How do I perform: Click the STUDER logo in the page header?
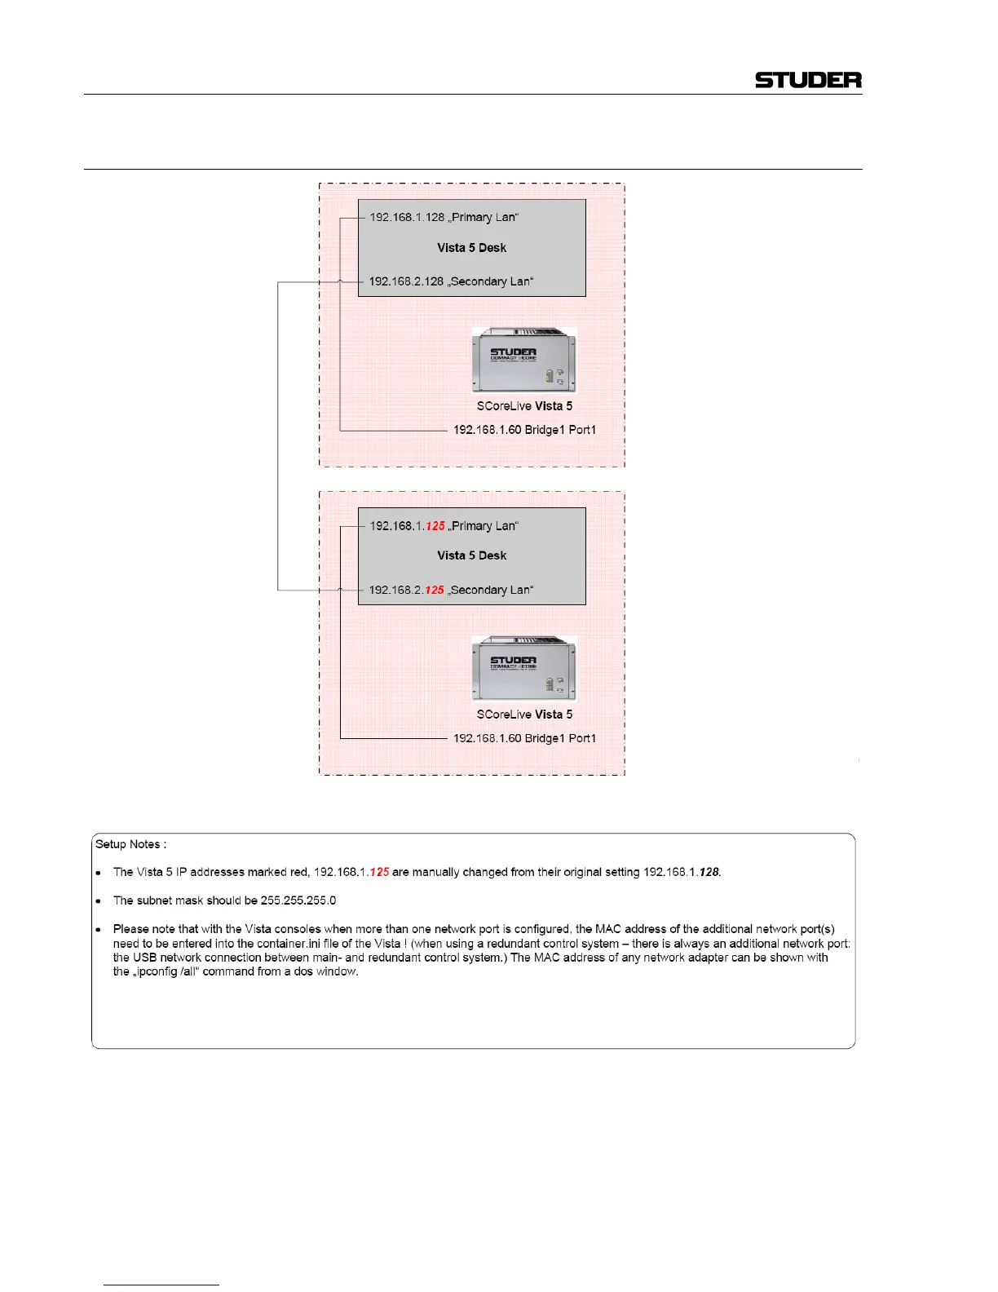807,80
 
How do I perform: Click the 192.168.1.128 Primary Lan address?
444,218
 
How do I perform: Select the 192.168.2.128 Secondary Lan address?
451,281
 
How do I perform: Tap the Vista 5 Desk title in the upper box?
471,248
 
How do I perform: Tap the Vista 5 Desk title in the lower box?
471,555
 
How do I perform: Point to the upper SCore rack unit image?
524,360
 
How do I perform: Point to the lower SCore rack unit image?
524,668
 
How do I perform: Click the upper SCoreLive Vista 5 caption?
524,406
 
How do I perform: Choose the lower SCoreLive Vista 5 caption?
524,715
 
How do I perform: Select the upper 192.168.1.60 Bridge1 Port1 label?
524,430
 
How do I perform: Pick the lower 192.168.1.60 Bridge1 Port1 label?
524,738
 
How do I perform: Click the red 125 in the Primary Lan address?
435,526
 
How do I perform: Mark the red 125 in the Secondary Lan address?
435,590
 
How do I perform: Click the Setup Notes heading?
131,844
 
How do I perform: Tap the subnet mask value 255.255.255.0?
298,900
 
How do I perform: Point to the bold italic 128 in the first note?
709,872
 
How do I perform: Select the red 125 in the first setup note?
379,872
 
